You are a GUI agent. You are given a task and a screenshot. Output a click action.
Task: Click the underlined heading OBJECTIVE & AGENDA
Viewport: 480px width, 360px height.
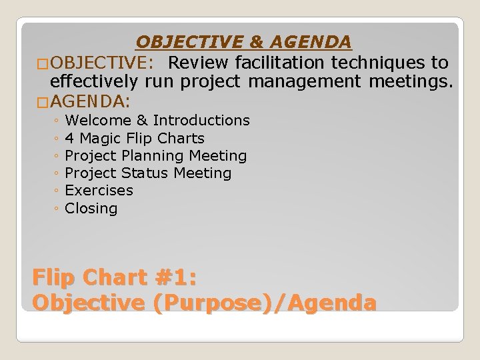(243, 42)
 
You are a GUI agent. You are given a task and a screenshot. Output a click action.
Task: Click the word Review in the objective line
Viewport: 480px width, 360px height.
(199, 63)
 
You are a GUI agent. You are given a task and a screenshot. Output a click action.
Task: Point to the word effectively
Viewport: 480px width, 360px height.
(94, 82)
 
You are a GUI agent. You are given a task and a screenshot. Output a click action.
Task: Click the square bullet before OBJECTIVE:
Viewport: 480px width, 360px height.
(43, 64)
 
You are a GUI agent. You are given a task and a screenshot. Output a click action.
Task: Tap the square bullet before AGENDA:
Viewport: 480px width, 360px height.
(43, 103)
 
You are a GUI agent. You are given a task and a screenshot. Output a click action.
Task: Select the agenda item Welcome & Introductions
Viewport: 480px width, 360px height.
(157, 121)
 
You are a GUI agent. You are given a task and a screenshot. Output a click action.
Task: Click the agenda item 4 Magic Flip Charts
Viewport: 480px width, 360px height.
(135, 139)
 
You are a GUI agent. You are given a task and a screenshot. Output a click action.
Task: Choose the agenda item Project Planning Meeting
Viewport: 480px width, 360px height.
(156, 156)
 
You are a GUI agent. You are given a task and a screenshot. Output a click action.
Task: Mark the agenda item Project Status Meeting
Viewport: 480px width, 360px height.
(148, 173)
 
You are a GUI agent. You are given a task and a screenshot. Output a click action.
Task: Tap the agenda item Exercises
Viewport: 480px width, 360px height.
(99, 191)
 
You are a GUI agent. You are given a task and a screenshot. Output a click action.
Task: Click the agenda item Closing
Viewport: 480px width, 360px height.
(91, 209)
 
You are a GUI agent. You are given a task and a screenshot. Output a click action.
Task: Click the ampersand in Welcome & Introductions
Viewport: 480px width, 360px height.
(142, 121)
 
